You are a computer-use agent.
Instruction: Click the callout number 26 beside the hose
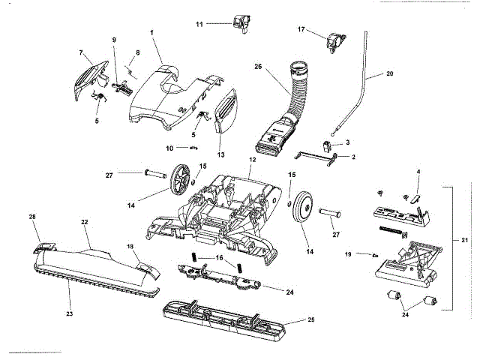[x=258, y=67]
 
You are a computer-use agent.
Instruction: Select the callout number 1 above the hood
[x=151, y=34]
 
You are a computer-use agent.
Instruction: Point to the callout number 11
[x=199, y=25]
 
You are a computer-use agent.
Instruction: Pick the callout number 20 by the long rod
[x=389, y=74]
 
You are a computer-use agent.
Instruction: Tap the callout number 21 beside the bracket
[x=464, y=240]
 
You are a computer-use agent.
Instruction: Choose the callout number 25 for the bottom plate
[x=311, y=320]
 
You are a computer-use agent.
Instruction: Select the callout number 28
[x=32, y=217]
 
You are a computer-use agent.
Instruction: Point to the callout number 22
[x=85, y=222]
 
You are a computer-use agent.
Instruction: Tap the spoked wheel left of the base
[x=178, y=178]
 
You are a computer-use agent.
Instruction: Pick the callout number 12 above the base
[x=252, y=160]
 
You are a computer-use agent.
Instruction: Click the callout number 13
[x=220, y=155]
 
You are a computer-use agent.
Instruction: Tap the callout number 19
[x=347, y=254]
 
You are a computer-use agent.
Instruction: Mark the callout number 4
[x=418, y=172]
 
